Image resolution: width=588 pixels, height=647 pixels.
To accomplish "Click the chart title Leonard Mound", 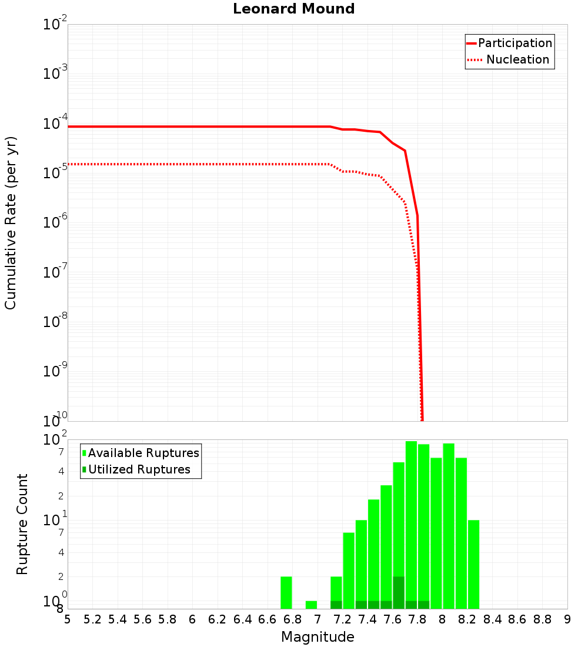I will tap(294, 9).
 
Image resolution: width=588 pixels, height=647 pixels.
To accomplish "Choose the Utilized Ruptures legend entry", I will tap(139, 470).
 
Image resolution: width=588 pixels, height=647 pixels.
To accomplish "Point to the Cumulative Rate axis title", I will tap(11, 224).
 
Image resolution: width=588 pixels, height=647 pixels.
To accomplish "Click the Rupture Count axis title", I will tap(22, 525).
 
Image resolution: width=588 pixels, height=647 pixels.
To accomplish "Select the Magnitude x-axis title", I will tap(318, 637).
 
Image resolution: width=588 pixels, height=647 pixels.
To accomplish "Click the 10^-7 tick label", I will tap(56, 273).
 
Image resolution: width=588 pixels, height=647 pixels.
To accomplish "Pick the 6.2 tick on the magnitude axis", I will tap(218, 619).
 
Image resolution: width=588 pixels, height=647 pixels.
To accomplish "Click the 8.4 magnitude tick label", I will tap(493, 619).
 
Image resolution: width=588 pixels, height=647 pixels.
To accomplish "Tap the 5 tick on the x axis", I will tap(68, 619).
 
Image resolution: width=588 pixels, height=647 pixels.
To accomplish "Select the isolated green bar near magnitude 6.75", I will tap(286, 593).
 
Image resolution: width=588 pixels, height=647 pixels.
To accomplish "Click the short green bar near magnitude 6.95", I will tap(311, 605).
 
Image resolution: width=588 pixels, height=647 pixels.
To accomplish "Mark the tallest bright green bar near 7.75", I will tap(411, 523).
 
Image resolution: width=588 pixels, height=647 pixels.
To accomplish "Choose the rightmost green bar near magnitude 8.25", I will tap(473, 565).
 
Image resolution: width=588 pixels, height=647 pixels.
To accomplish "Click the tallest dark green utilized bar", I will tap(399, 593).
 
